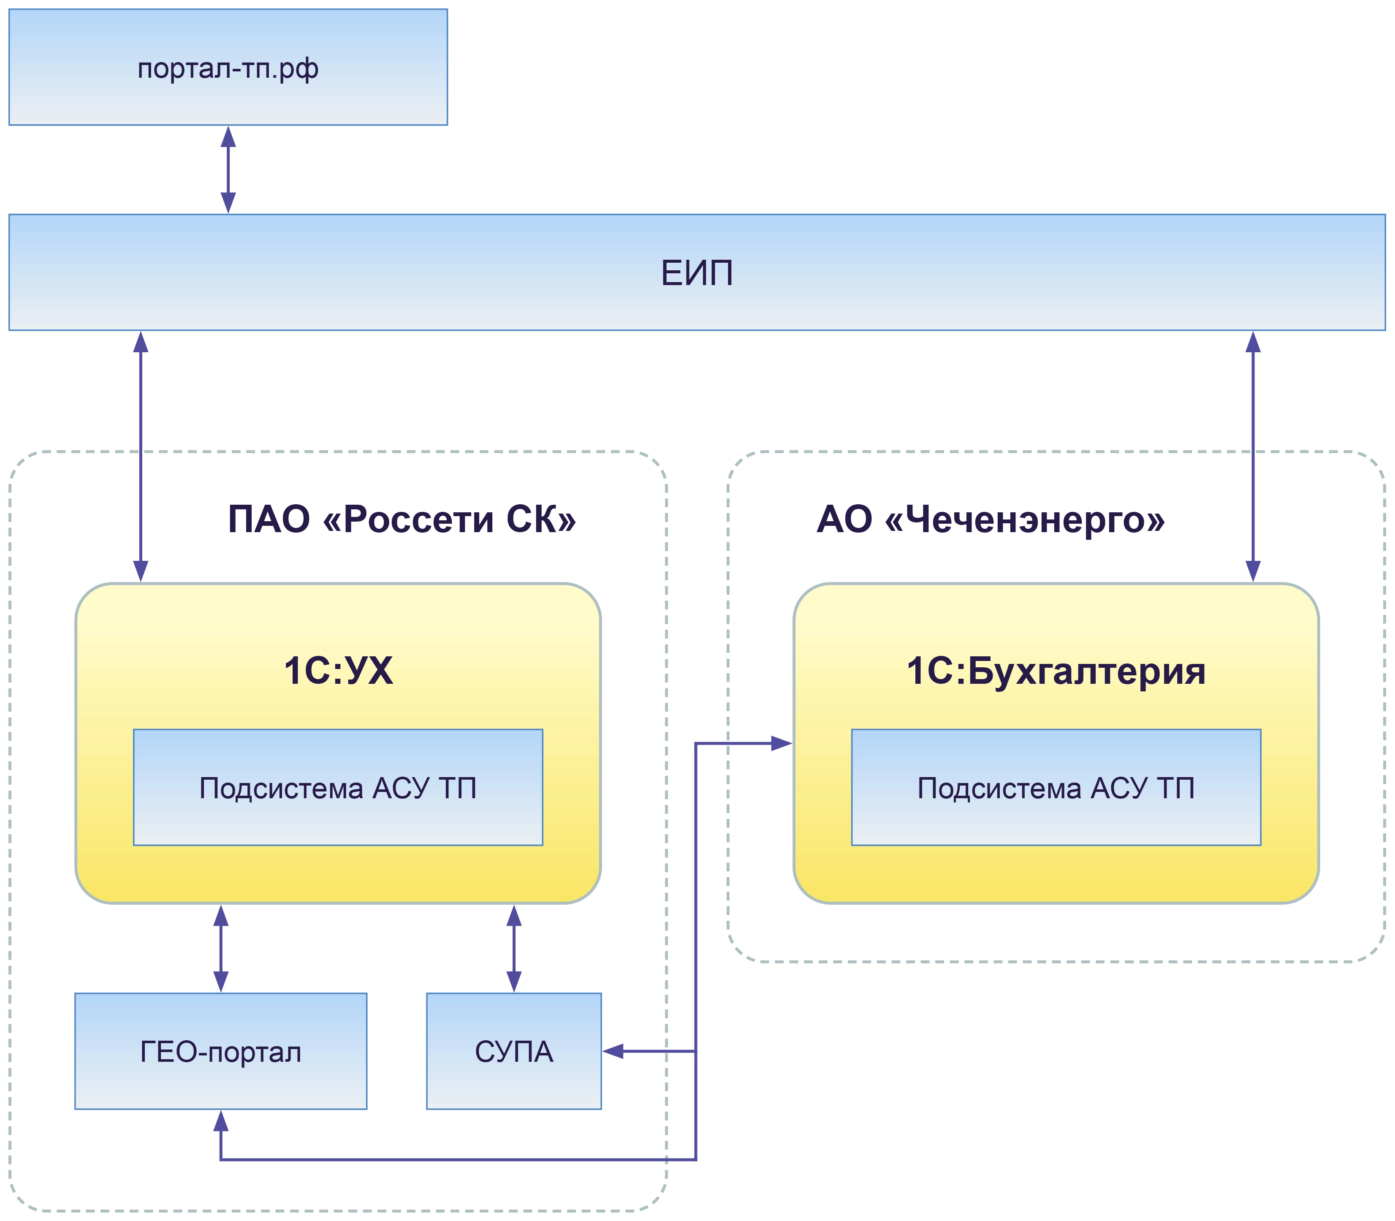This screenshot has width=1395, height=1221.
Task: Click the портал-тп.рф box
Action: pyautogui.click(x=228, y=67)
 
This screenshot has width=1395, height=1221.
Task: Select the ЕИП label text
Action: pyautogui.click(x=697, y=273)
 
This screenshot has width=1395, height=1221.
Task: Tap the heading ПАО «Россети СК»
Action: pyautogui.click(x=402, y=519)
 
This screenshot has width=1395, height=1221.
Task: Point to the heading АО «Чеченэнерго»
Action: pyautogui.click(x=991, y=519)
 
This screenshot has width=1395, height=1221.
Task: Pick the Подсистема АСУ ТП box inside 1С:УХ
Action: pyautogui.click(x=338, y=788)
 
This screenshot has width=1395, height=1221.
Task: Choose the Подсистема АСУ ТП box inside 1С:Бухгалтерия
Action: pyautogui.click(x=1056, y=788)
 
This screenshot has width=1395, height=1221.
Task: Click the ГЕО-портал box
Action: pyautogui.click(x=221, y=1051)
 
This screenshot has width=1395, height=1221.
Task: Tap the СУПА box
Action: pyautogui.click(x=513, y=1051)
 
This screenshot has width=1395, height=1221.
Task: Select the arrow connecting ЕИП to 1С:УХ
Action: pyautogui.click(x=140, y=457)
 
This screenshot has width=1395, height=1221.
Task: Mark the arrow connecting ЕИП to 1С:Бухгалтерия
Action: pyautogui.click(x=1253, y=457)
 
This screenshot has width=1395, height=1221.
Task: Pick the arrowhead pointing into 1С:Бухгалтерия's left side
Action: pyautogui.click(x=781, y=743)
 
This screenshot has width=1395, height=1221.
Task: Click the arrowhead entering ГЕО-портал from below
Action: pyautogui.click(x=221, y=1121)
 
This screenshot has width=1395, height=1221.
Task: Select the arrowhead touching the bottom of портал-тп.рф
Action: pyautogui.click(x=228, y=137)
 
